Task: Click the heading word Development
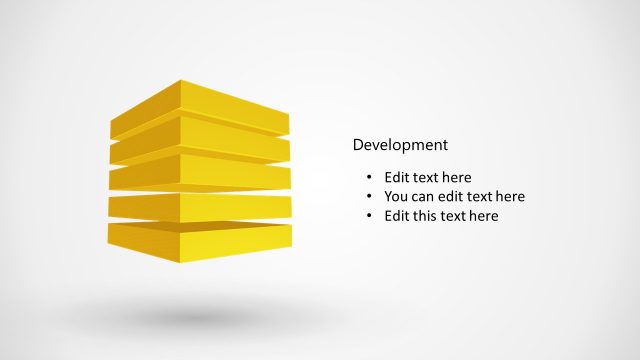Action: (400, 145)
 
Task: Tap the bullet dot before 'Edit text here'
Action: (369, 178)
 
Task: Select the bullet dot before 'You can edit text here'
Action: (369, 197)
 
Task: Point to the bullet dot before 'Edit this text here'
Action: (369, 216)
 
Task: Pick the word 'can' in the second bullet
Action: (426, 197)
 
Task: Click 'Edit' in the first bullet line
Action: (398, 178)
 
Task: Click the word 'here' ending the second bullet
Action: (508, 197)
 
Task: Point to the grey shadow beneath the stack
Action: (200, 317)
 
